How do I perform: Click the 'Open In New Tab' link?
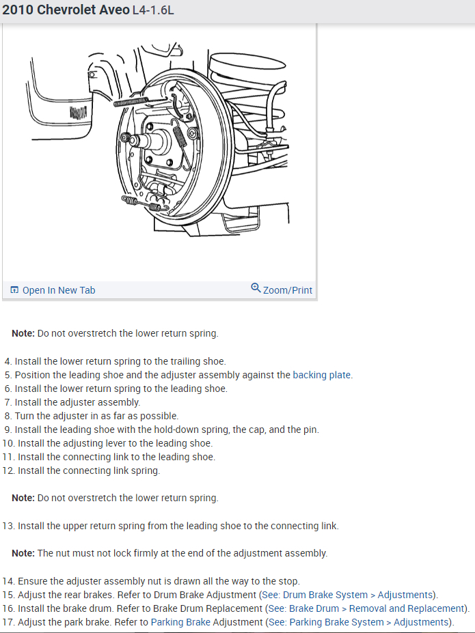coord(59,290)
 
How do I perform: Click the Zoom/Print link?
coord(288,290)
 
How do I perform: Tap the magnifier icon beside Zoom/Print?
coord(256,288)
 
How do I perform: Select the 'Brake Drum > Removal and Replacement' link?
coord(377,608)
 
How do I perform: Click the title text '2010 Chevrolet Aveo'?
coord(65,11)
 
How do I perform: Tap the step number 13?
coord(8,526)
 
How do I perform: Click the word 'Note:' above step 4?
coord(23,334)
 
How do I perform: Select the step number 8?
coord(8,416)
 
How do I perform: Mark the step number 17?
coord(8,622)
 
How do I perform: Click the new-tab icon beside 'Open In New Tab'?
coord(14,290)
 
